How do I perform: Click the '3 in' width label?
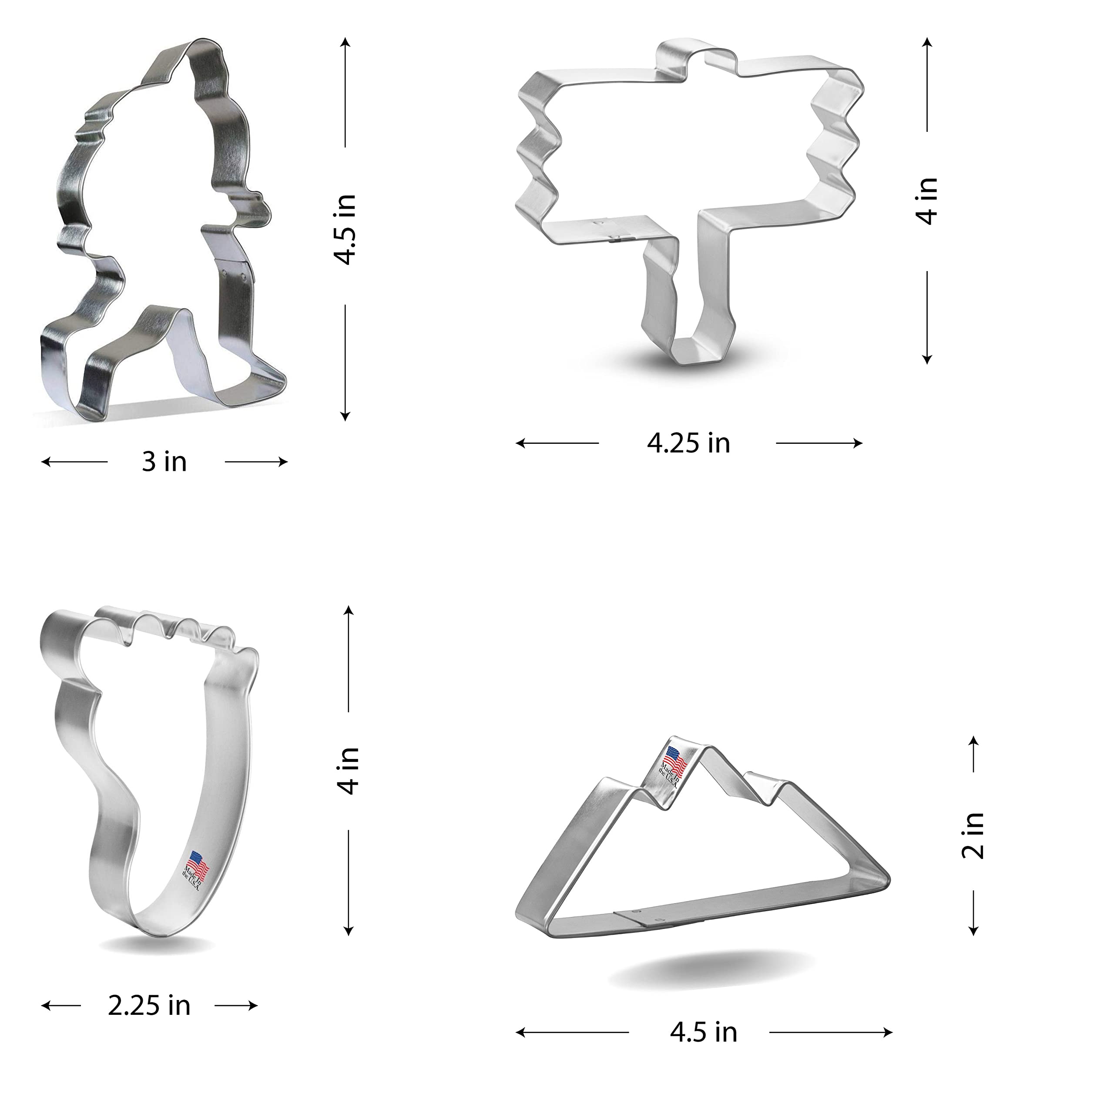click(x=164, y=462)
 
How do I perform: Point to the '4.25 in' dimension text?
click(x=688, y=443)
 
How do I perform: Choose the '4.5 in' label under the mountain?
click(x=704, y=1032)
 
